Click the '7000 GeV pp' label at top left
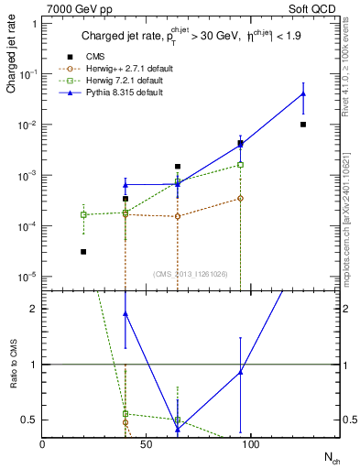[x=73, y=8]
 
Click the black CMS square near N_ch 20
[x=83, y=251]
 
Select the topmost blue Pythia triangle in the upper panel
[x=303, y=94]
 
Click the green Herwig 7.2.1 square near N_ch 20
[x=83, y=214]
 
